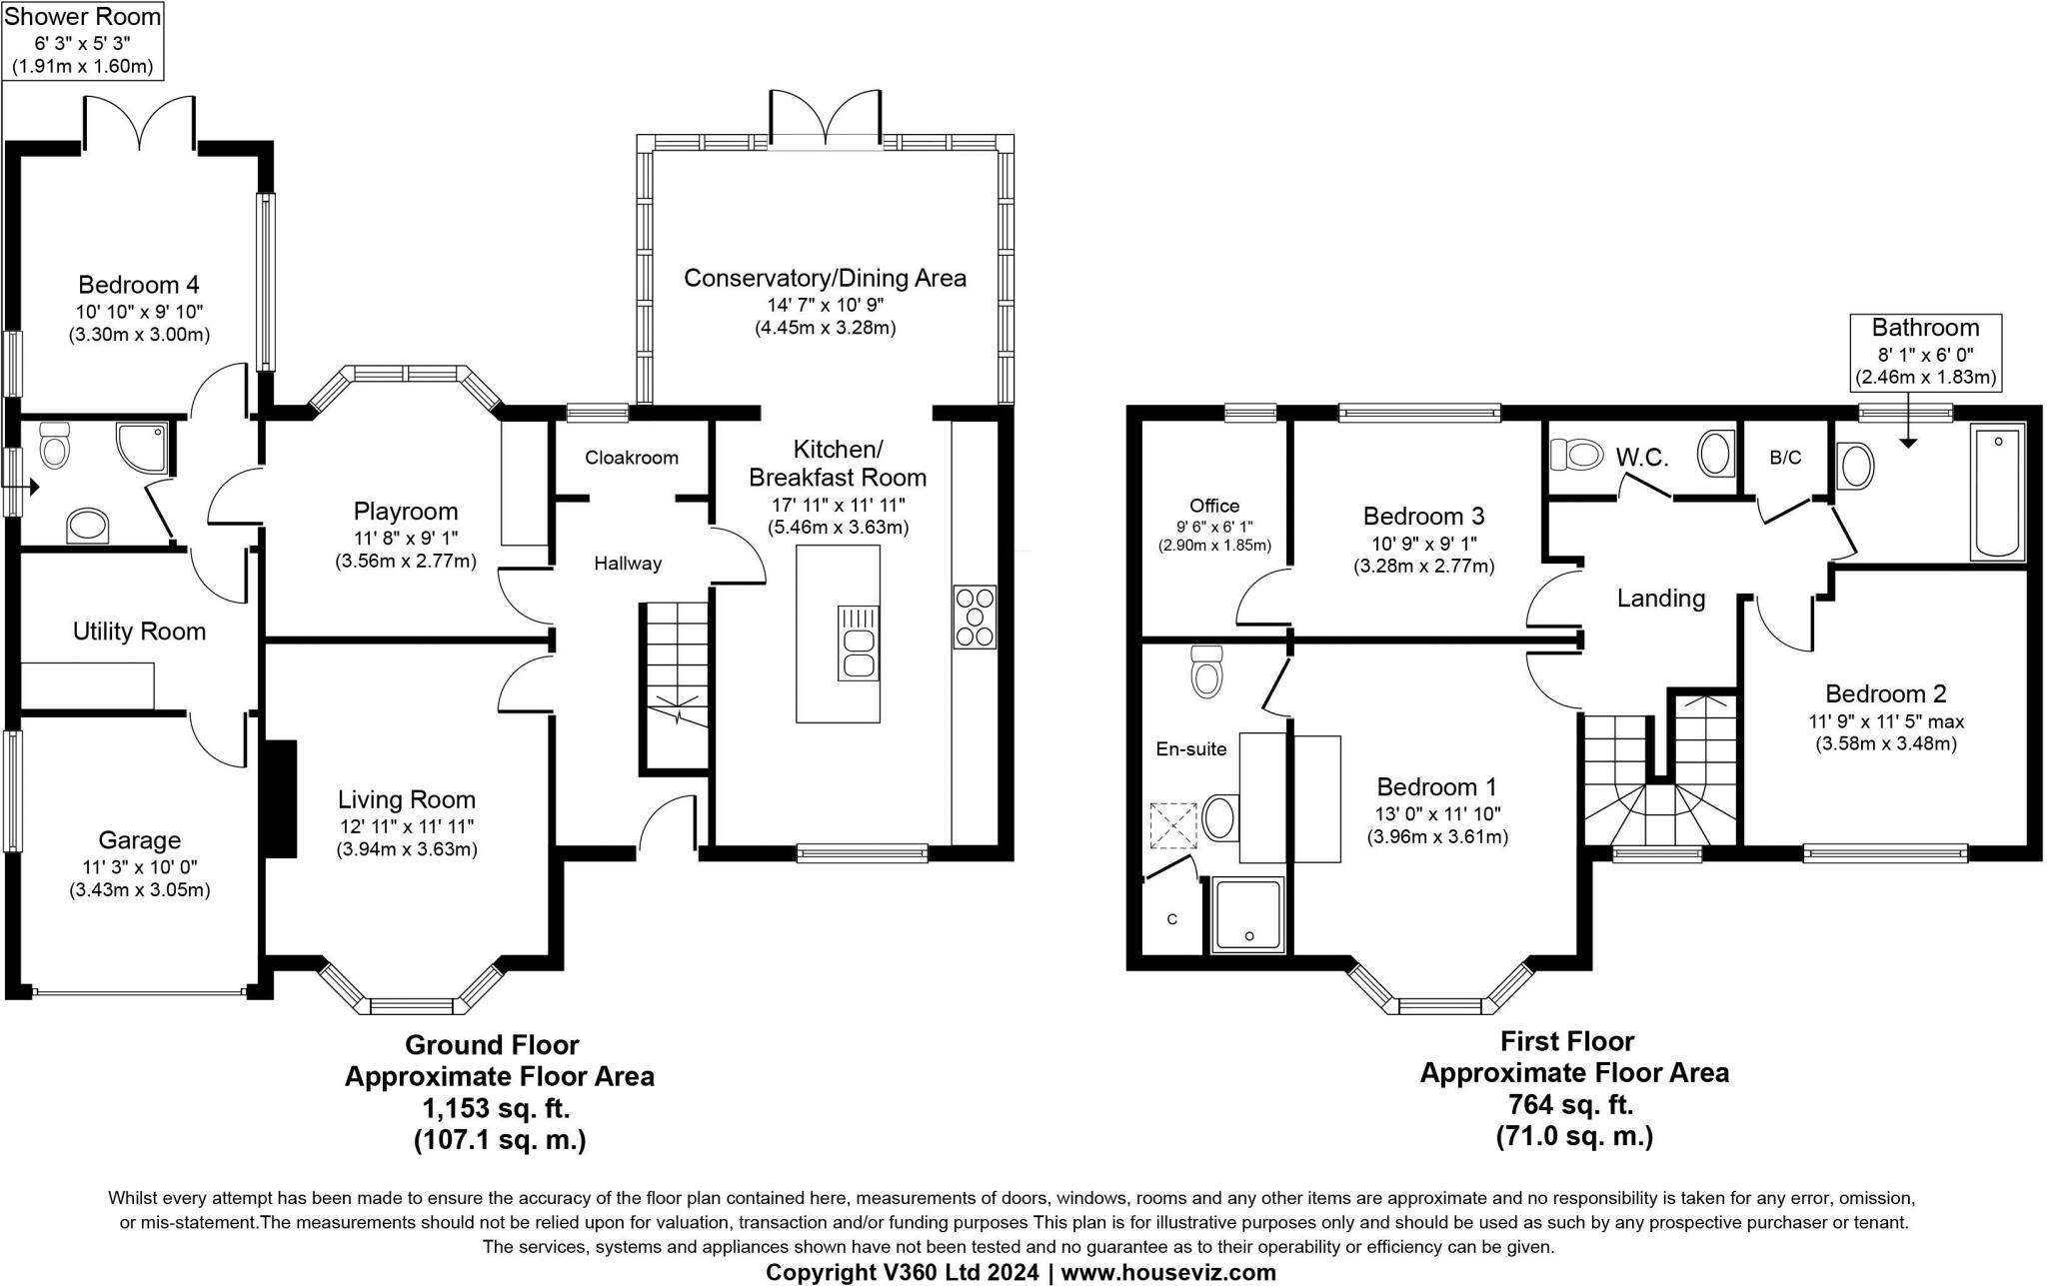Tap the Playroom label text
[406, 513]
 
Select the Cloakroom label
[632, 458]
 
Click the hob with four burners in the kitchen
[976, 618]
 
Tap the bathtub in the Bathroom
[1997, 491]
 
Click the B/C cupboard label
[1785, 458]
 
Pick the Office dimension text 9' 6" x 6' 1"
[1214, 526]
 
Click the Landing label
[1661, 599]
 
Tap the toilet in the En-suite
[1207, 670]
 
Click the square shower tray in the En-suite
[1247, 914]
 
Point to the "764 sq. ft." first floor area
[1574, 1104]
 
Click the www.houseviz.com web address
[1168, 1272]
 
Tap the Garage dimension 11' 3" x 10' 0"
[139, 867]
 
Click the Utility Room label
[139, 632]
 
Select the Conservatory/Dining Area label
[825, 278]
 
